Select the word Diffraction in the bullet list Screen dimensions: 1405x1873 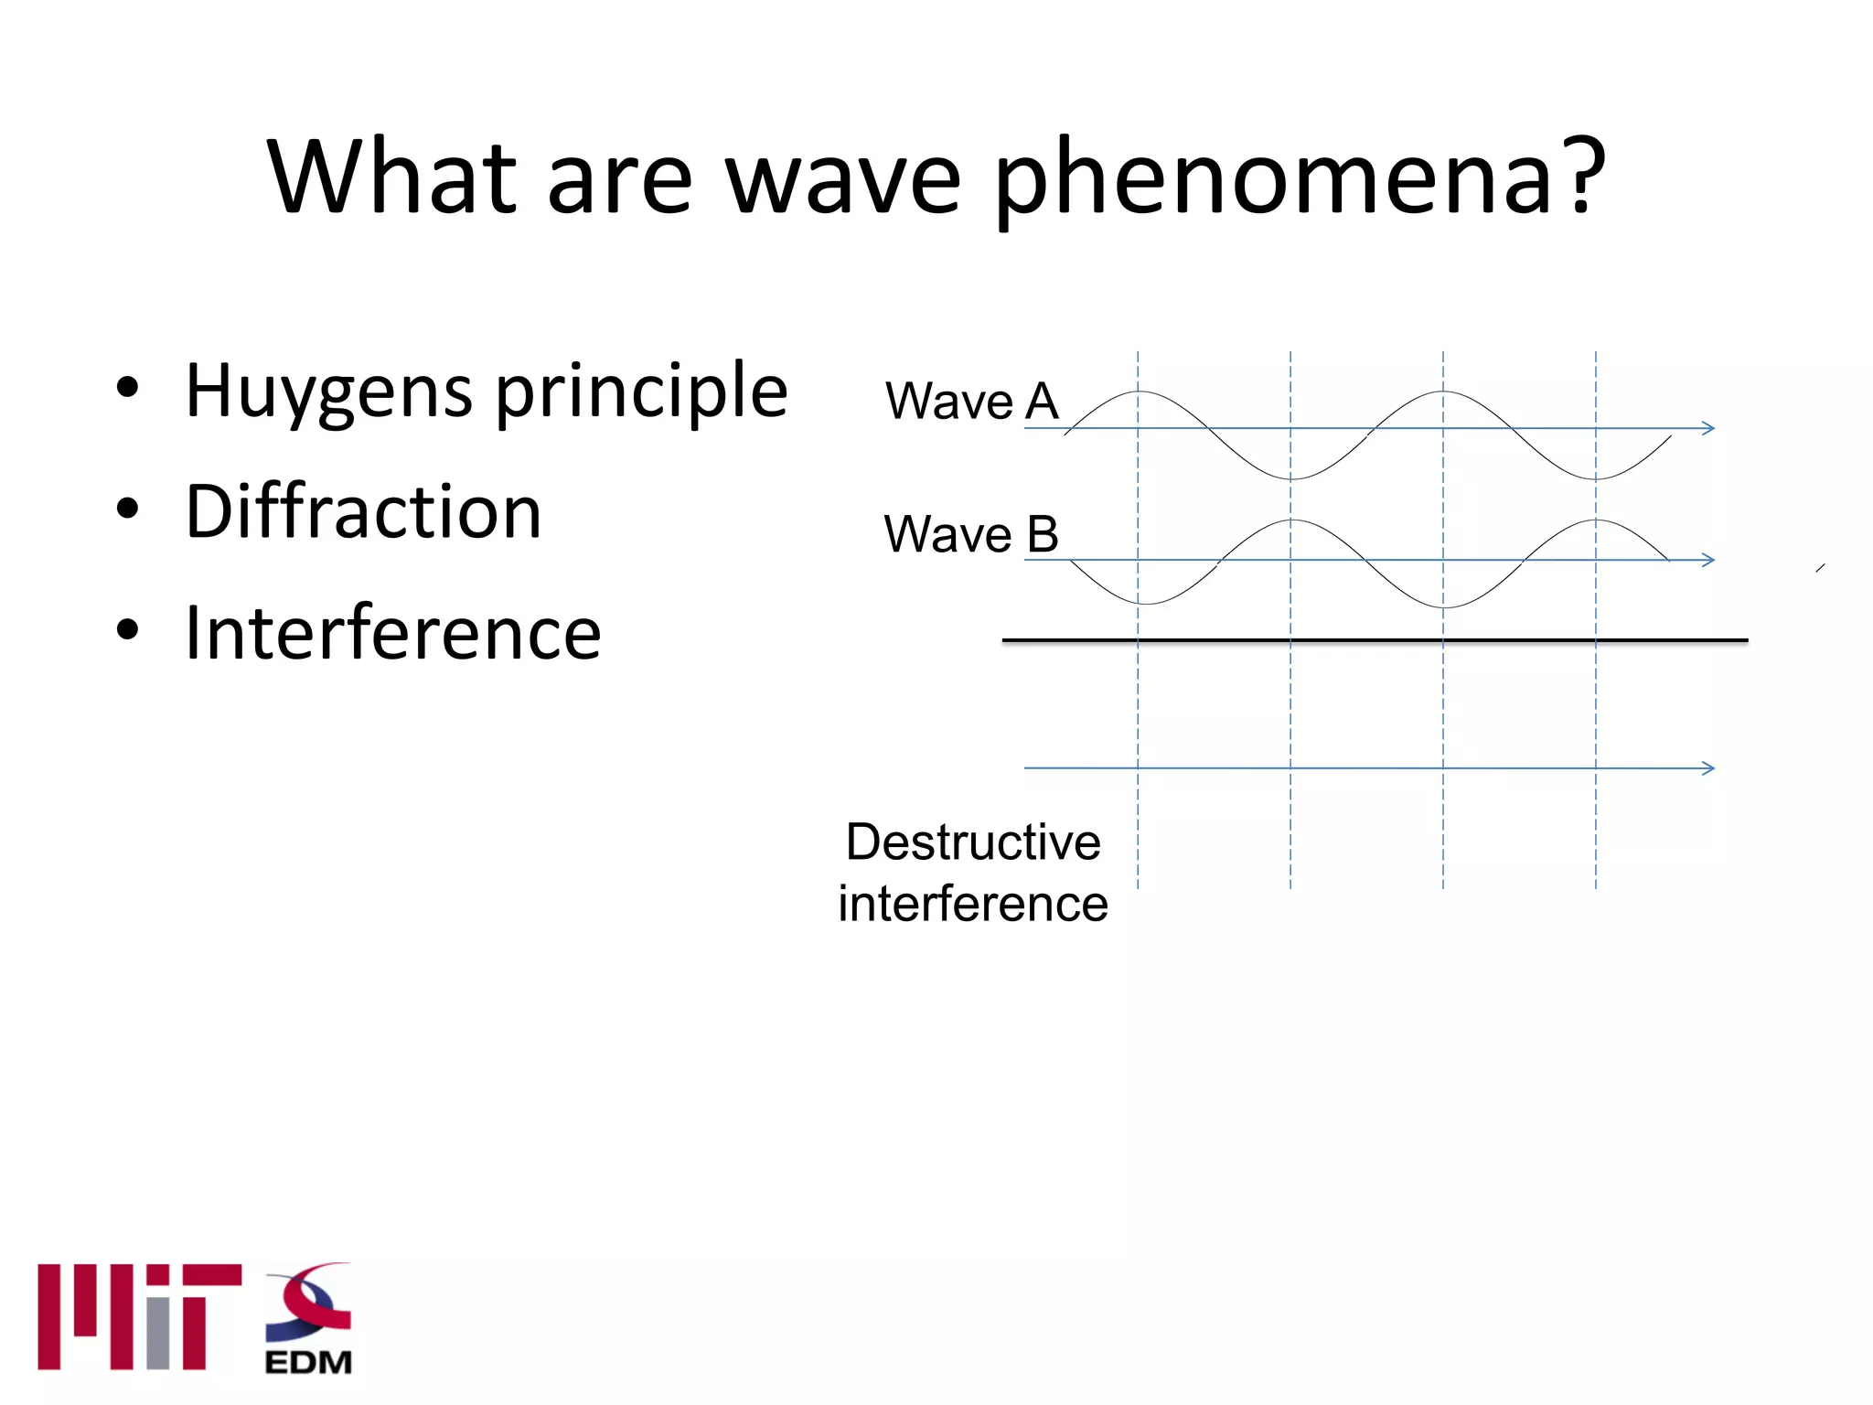click(363, 512)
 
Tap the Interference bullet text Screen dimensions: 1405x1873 click(392, 633)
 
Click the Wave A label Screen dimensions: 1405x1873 click(971, 402)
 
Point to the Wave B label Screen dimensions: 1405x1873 click(971, 534)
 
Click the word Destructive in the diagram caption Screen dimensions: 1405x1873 click(973, 842)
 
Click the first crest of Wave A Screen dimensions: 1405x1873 click(1139, 392)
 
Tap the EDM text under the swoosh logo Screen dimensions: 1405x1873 click(308, 1363)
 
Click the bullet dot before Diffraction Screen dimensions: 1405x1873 click(128, 509)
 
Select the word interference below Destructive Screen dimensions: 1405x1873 click(973, 904)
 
